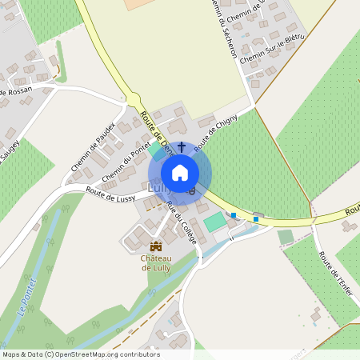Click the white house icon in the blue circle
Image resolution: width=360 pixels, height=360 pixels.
(x=180, y=172)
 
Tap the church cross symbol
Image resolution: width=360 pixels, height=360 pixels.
(x=182, y=147)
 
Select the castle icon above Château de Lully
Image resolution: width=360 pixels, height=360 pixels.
(x=156, y=246)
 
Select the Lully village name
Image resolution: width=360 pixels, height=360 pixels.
(x=157, y=188)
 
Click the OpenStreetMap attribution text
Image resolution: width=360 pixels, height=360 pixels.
(x=80, y=354)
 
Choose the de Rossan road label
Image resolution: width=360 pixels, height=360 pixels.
(x=15, y=93)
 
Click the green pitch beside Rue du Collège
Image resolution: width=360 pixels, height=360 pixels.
(x=214, y=222)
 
